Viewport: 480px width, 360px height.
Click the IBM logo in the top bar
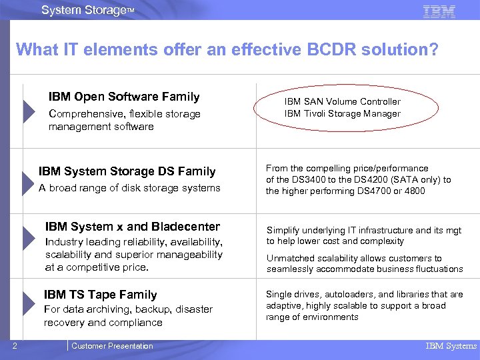click(x=439, y=11)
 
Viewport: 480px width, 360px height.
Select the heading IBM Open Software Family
click(x=124, y=97)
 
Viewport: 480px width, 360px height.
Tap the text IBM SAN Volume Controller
click(x=342, y=101)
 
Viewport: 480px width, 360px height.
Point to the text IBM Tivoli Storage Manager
click(x=342, y=113)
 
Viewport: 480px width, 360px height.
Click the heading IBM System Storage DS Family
click(x=127, y=171)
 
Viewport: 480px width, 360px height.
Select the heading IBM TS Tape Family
click(x=100, y=294)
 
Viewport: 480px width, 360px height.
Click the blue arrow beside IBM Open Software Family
click(x=29, y=111)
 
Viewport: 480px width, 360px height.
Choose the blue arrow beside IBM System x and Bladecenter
click(x=29, y=238)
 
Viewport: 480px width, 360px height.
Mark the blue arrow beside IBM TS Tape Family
click(x=29, y=306)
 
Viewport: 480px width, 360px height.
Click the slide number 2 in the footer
click(x=14, y=345)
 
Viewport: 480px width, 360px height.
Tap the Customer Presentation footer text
click(x=112, y=346)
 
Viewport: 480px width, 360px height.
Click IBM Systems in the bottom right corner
click(x=451, y=346)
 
